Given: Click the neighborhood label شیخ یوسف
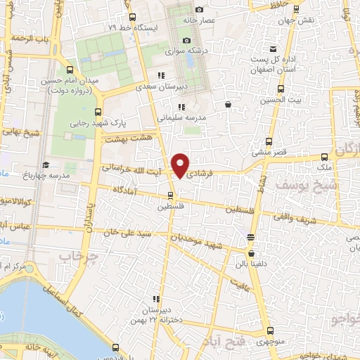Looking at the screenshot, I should [279, 184].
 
